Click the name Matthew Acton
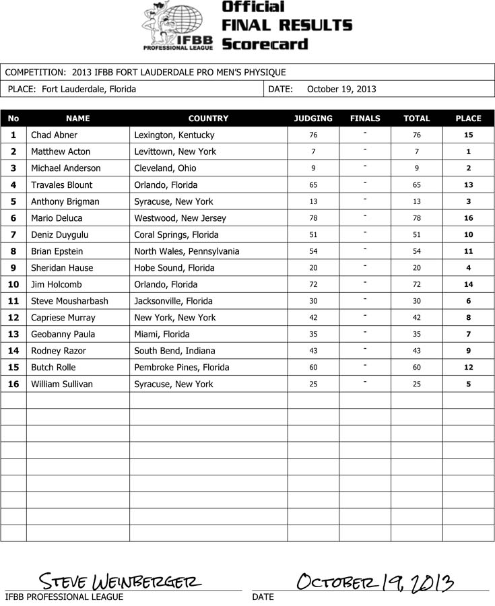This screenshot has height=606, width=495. pos(61,151)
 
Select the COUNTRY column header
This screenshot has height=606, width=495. pos(208,118)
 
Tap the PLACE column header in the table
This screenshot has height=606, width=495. pos(468,118)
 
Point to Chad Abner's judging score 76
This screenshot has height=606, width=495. pos(313,135)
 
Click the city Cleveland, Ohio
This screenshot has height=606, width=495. pos(166,168)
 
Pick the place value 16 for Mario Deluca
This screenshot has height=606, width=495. pos(468,218)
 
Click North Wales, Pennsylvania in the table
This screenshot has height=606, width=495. pos(187,251)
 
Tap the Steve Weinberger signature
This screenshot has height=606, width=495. pos(121,580)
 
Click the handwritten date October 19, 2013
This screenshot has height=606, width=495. pos(374,581)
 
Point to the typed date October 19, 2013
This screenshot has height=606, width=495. pos(341,89)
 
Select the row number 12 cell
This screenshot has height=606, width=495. pos(13,318)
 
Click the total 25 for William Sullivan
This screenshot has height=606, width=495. pos(417,384)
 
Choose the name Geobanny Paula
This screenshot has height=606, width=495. pos(63,334)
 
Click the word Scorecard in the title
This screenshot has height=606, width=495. pos(265,44)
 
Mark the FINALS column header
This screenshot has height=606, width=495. pos(365,118)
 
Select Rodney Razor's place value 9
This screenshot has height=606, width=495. pos(468,351)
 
